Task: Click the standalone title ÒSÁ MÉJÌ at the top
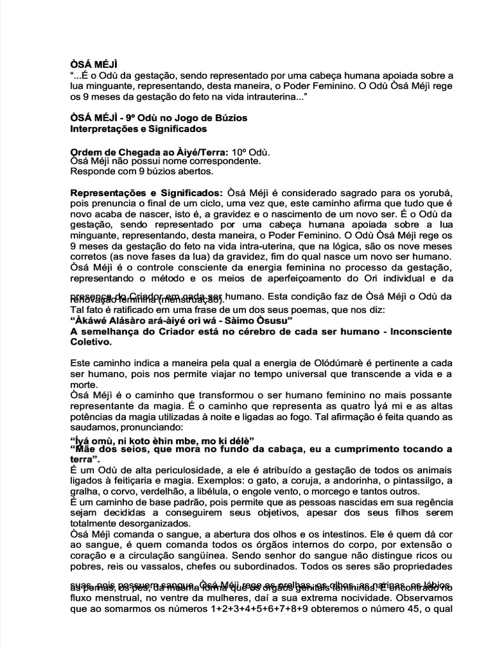93,63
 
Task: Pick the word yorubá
435,192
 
